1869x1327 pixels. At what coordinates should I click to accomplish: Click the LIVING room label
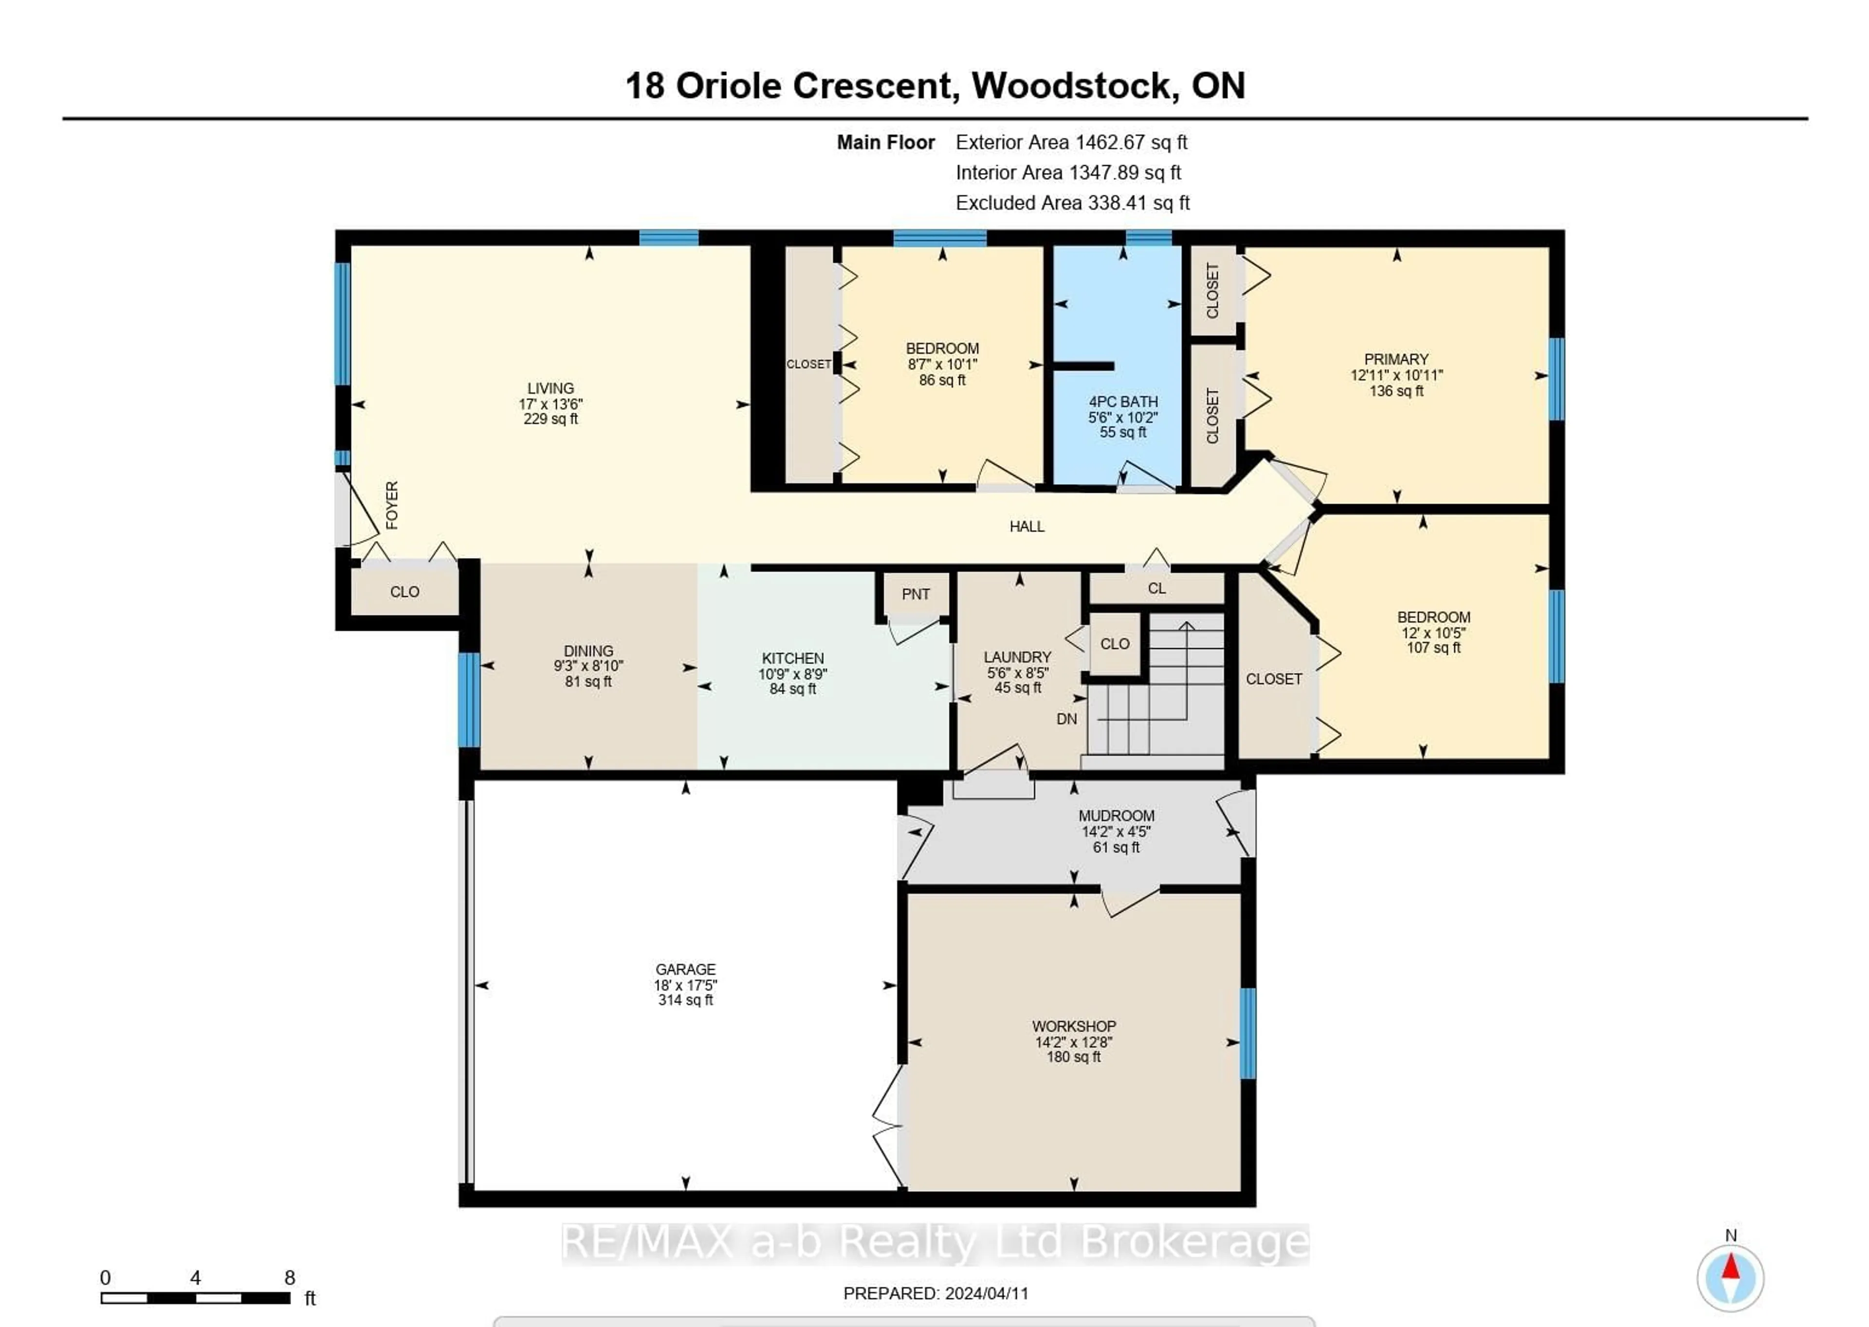click(550, 388)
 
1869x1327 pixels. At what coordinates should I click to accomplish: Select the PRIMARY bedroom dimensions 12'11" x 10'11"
click(1396, 375)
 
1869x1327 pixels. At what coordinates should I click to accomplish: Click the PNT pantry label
click(915, 594)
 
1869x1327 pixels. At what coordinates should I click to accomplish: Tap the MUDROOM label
click(1116, 815)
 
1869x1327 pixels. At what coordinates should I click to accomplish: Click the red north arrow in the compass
click(1730, 1267)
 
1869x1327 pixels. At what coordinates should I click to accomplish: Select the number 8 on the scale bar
click(289, 1278)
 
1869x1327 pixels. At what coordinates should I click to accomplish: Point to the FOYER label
click(392, 505)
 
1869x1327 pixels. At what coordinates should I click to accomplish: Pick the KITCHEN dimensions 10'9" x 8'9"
click(792, 674)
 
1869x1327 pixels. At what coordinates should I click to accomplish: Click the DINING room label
click(588, 651)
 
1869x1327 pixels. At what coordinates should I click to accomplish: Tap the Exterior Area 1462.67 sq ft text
click(1071, 142)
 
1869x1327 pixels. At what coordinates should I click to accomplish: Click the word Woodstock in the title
click(1072, 86)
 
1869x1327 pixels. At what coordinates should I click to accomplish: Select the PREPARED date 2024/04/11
click(986, 1293)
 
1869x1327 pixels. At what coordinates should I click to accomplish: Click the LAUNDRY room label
click(1017, 657)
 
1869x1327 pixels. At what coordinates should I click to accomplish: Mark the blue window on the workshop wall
click(1247, 1033)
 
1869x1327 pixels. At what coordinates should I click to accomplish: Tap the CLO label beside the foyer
click(404, 591)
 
